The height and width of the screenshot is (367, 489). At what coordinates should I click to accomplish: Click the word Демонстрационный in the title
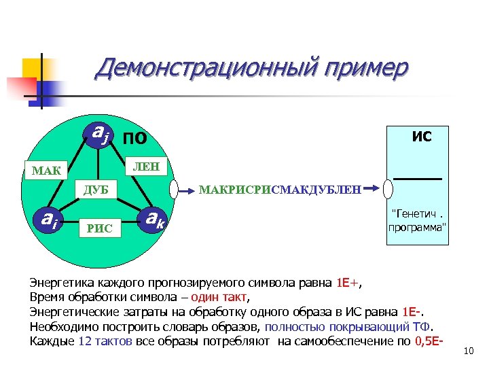point(206,69)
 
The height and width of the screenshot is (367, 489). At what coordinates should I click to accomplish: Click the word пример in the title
point(367,69)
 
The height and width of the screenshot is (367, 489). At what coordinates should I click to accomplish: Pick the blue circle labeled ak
point(155,219)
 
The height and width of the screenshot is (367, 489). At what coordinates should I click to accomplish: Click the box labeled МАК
point(46,169)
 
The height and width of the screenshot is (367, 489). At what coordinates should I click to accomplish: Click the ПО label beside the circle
point(135,139)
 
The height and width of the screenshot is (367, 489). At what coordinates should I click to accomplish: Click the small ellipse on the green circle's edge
point(175,188)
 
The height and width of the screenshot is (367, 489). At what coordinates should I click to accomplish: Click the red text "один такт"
point(219,297)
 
